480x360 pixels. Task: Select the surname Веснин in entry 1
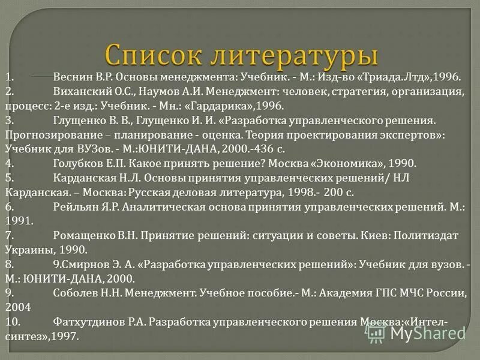pyautogui.click(x=73, y=78)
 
